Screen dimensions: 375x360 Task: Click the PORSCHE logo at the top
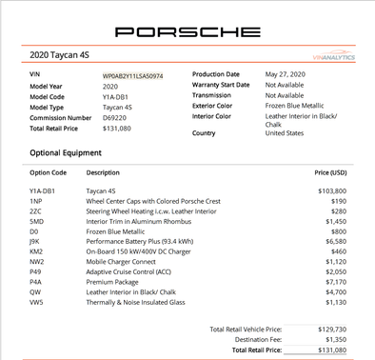click(187, 31)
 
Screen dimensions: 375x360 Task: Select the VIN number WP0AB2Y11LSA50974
click(133, 74)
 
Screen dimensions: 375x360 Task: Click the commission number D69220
click(114, 116)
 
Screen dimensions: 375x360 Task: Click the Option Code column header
click(49, 172)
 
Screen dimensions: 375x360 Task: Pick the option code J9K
click(36, 242)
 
